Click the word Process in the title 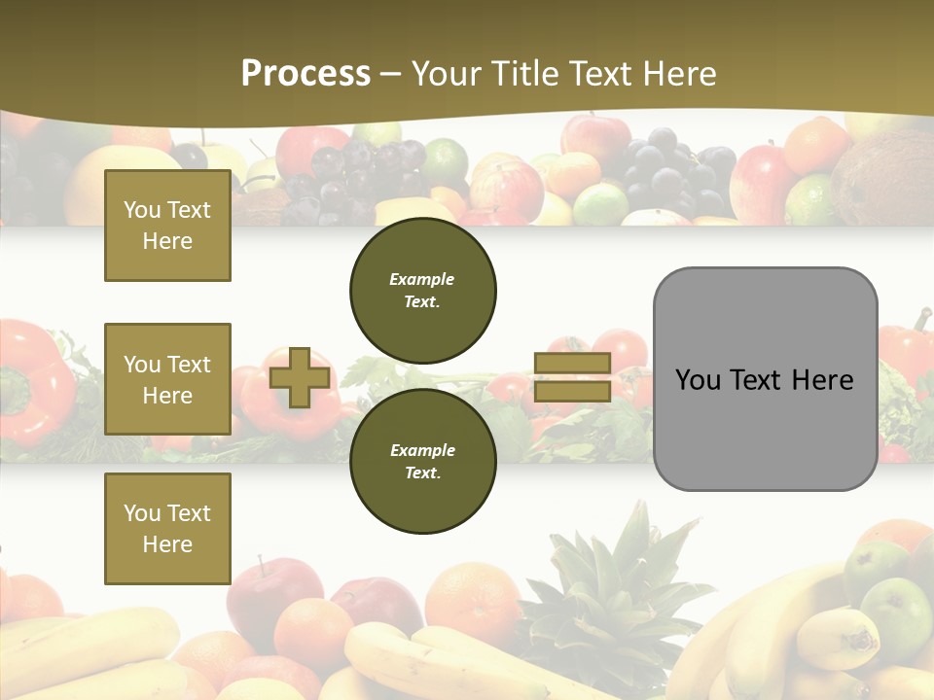tap(305, 74)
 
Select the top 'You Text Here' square tap(167, 226)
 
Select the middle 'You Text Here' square tap(167, 379)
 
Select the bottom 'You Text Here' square tap(167, 528)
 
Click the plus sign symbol tap(300, 377)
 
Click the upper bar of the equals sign tap(572, 364)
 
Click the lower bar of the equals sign tap(572, 392)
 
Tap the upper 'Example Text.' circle tap(422, 290)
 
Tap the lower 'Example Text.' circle tap(422, 461)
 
